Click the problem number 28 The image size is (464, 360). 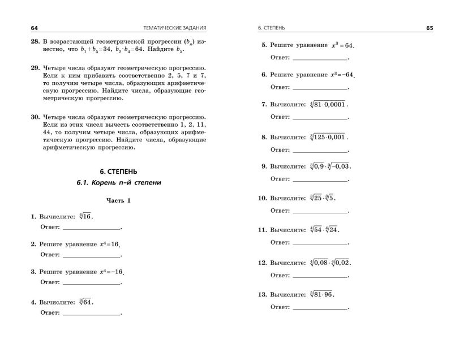click(x=34, y=41)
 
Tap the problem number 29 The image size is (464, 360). click(x=34, y=67)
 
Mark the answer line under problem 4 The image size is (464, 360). click(x=91, y=312)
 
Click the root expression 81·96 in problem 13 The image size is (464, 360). click(x=323, y=295)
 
